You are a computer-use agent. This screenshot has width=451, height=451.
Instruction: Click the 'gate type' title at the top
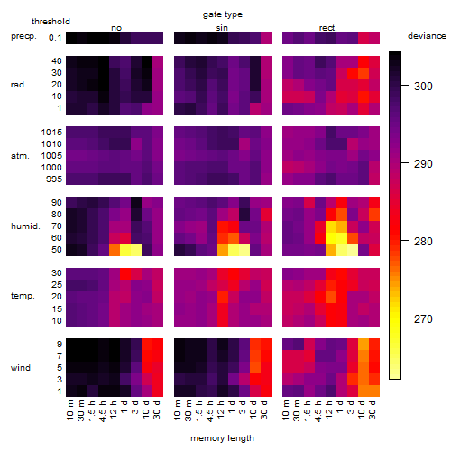coord(223,14)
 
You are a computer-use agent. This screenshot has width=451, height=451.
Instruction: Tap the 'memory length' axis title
coord(222,438)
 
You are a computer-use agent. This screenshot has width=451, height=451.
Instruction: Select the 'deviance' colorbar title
coord(427,36)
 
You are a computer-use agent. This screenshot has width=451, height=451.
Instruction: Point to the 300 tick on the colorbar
coord(405,86)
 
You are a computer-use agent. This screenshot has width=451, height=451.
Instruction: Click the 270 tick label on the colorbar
coord(423,319)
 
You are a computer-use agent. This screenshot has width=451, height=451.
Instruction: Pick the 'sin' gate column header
coord(222,28)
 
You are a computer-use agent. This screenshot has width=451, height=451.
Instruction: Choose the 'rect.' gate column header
coord(327,28)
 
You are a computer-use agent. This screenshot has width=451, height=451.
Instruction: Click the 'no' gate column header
coord(116,28)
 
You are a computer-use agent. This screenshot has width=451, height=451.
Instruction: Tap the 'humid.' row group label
coord(25,226)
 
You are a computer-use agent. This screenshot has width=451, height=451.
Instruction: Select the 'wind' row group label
coord(21,368)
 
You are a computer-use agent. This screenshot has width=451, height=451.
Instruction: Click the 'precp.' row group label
coord(23,36)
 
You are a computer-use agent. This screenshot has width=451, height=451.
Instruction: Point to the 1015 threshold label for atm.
coord(51,132)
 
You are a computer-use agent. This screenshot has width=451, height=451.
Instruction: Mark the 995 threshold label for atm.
coord(54,179)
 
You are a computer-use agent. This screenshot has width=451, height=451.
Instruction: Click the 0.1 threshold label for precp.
coord(55,38)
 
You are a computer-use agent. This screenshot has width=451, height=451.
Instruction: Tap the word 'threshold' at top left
coord(51,22)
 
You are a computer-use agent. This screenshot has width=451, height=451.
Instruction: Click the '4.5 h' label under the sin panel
coord(209,410)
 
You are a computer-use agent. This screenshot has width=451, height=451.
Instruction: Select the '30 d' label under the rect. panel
coord(372,410)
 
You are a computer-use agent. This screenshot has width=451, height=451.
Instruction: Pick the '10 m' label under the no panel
coord(70,410)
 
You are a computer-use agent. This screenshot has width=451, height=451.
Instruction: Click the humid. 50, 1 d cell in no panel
coord(125,250)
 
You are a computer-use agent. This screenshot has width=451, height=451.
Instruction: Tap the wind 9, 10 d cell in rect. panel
coord(364,345)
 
